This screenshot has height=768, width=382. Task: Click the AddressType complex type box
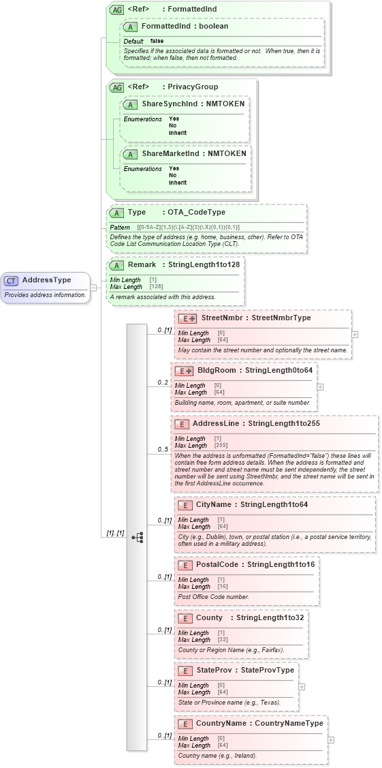point(46,287)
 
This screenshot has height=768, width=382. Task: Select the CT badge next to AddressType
point(12,281)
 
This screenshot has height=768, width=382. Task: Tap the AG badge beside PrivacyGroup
point(116,87)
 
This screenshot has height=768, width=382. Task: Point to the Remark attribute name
point(142,265)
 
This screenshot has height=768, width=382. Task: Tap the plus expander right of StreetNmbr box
point(355,335)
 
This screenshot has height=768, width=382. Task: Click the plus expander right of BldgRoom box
point(321,387)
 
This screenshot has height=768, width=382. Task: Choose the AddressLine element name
point(219,424)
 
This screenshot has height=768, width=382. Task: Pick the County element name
point(209,618)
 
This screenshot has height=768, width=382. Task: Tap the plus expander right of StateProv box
point(302,687)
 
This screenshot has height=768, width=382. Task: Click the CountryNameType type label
point(289,724)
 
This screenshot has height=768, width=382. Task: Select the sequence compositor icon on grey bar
point(137,518)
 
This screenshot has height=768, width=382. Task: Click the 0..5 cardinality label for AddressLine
point(163,450)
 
